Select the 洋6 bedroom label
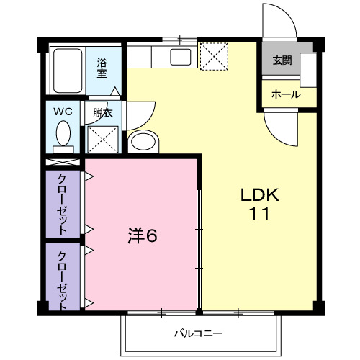click(x=142, y=236)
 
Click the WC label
click(x=63, y=112)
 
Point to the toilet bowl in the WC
click(x=63, y=134)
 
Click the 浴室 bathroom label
click(x=103, y=68)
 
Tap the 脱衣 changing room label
click(x=102, y=112)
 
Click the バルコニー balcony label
click(x=198, y=334)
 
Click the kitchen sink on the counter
click(x=179, y=57)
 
